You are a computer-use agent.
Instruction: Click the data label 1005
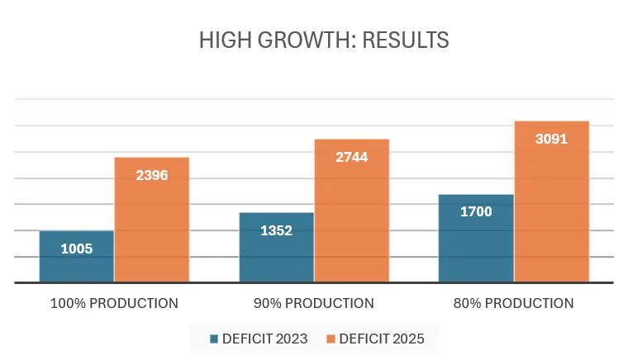[76, 249]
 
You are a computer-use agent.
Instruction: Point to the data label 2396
[151, 175]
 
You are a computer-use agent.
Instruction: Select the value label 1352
[276, 230]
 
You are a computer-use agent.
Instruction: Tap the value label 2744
[351, 157]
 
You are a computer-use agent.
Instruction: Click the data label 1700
[476, 212]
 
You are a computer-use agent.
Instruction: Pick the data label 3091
[551, 139]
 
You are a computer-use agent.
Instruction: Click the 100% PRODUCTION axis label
[114, 303]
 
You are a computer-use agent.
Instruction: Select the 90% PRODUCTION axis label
[314, 303]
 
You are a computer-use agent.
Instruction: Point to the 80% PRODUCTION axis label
[513, 303]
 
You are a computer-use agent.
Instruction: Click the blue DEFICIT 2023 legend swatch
[213, 339]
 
